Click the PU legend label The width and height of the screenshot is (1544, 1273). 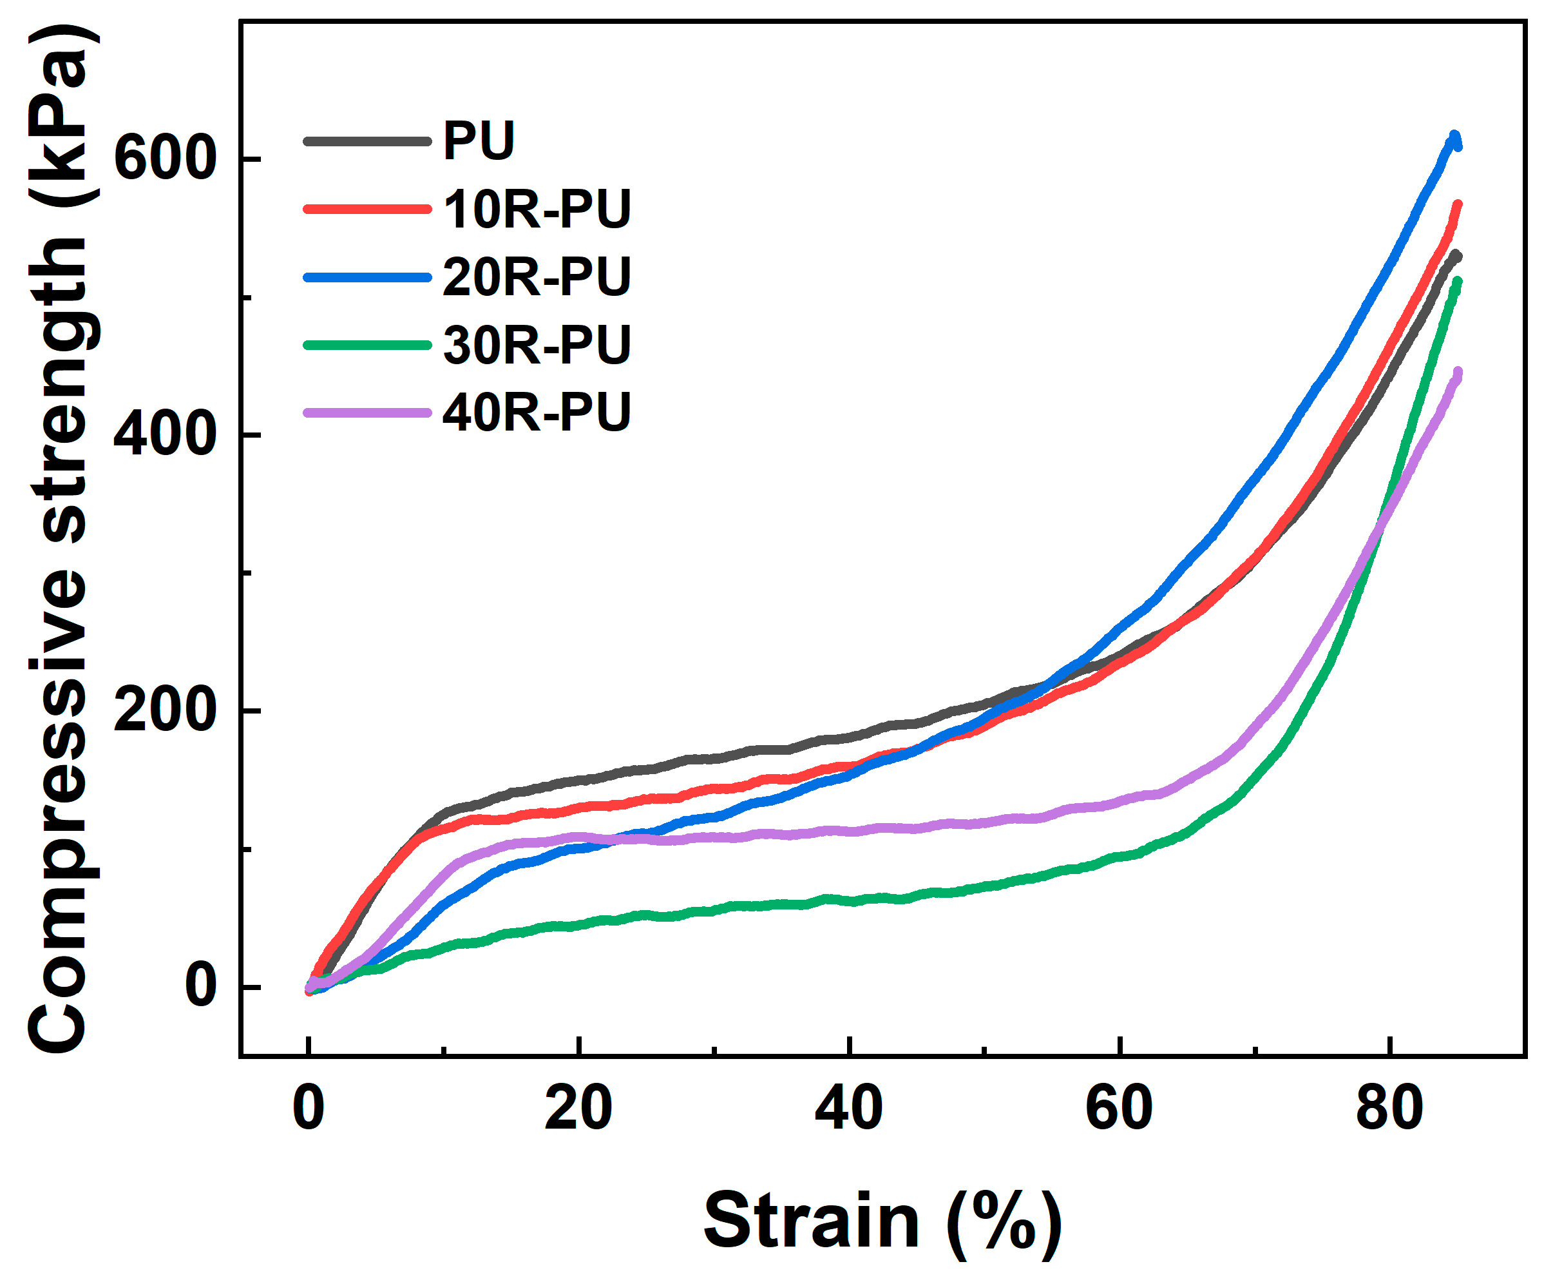[x=479, y=141]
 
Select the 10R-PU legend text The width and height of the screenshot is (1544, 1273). [x=537, y=209]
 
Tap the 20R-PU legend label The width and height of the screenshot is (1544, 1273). [x=537, y=277]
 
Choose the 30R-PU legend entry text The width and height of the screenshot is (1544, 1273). [x=537, y=344]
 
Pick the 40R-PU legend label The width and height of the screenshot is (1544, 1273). [x=537, y=411]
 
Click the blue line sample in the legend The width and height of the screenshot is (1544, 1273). [x=367, y=277]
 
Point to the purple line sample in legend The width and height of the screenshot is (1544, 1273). [x=367, y=413]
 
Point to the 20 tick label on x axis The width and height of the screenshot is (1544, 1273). [x=578, y=1108]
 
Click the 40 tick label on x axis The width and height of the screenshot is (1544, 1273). [x=848, y=1108]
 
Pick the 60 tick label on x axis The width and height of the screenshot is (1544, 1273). [x=1119, y=1108]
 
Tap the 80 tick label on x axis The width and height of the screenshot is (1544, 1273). [x=1389, y=1108]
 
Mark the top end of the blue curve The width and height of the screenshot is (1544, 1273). [x=1454, y=137]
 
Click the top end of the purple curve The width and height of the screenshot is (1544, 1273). [x=1457, y=373]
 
